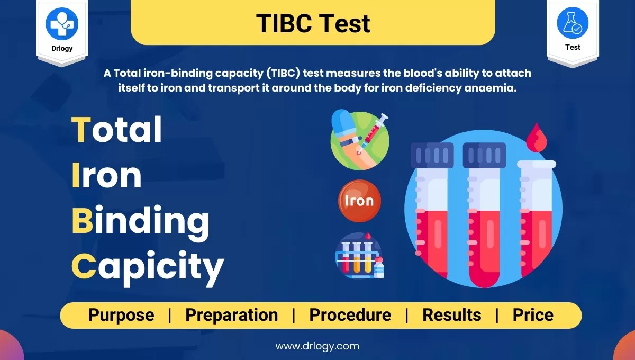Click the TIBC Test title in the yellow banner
click(x=313, y=23)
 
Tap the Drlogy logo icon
click(x=62, y=23)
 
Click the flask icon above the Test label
click(x=573, y=23)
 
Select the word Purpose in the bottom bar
click(x=121, y=315)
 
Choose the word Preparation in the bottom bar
click(x=231, y=315)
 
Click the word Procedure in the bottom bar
click(x=350, y=315)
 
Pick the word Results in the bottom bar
click(x=451, y=315)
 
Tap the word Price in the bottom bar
click(x=532, y=315)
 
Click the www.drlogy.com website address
click(x=317, y=346)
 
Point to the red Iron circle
click(x=359, y=201)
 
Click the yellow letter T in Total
click(x=81, y=130)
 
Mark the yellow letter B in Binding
click(x=81, y=221)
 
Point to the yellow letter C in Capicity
click(x=84, y=267)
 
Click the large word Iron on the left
click(x=106, y=176)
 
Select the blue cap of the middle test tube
click(x=484, y=154)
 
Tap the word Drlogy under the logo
click(x=62, y=48)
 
